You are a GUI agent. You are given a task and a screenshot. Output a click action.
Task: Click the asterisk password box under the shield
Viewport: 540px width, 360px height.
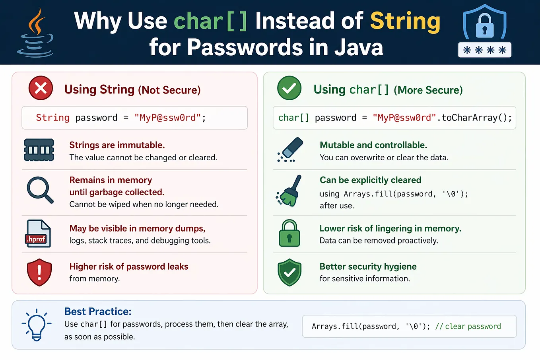485,50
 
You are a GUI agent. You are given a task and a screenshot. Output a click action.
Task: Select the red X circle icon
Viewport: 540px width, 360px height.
41,88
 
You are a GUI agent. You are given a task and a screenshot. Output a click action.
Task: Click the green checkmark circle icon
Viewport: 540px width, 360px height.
289,88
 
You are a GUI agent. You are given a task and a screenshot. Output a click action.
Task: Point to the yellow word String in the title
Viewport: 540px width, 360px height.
405,21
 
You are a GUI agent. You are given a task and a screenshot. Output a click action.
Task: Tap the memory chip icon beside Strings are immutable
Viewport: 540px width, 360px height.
39,150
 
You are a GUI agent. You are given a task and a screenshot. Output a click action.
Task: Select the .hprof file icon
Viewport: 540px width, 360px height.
38,234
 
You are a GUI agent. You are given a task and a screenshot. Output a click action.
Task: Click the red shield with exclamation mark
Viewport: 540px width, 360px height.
39,272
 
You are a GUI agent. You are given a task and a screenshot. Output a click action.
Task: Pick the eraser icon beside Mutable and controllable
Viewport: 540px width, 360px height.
290,150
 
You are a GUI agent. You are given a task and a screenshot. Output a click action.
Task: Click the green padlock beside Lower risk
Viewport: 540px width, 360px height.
289,233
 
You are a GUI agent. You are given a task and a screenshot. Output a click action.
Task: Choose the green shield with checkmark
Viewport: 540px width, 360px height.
289,272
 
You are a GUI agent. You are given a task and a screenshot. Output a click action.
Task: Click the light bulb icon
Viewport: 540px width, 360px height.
37,325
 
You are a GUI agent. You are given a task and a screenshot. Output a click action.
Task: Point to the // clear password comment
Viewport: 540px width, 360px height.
468,326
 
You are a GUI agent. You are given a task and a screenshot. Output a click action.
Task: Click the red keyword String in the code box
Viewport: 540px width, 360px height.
53,118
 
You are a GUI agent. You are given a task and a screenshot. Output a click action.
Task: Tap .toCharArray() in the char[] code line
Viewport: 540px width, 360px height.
474,118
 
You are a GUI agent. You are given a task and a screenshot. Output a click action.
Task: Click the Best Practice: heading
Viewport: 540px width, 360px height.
98,311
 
